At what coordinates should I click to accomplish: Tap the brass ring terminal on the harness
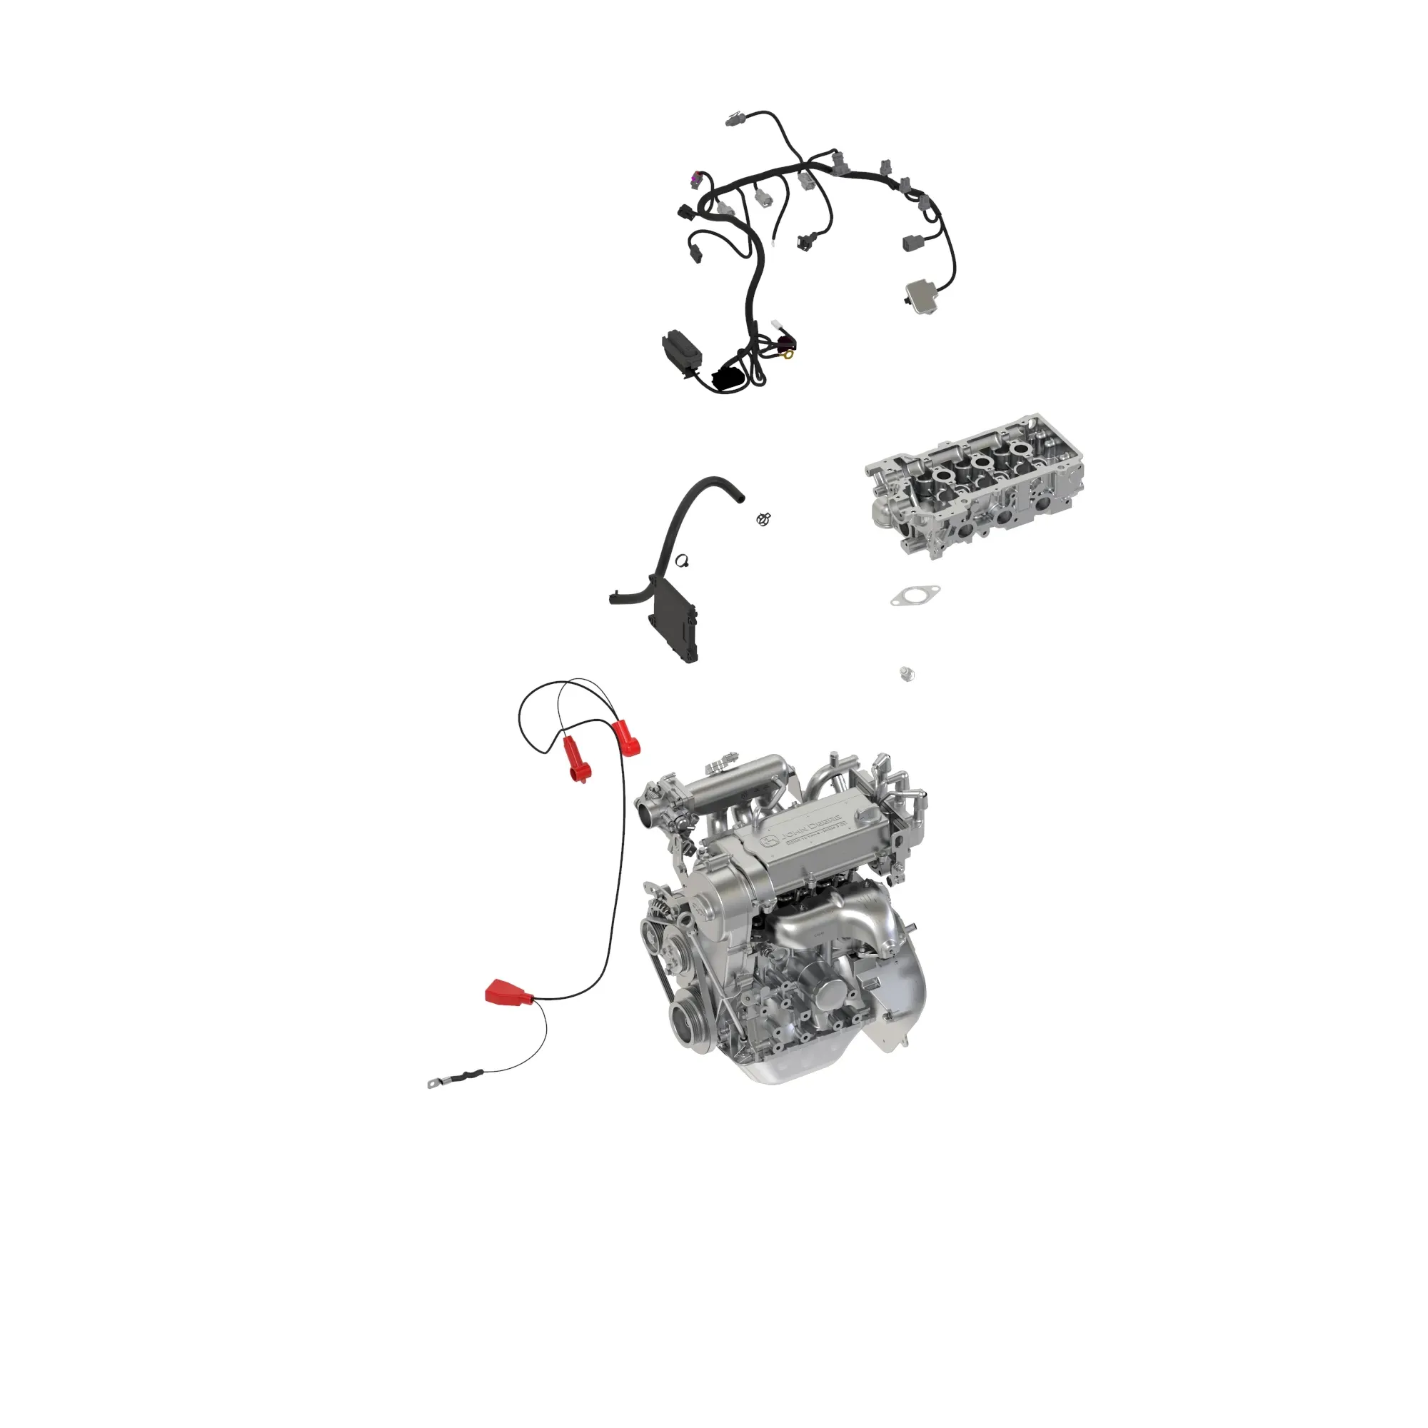coord(789,355)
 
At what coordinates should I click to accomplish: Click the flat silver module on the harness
coord(922,295)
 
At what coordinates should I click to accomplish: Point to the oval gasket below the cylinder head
coord(915,595)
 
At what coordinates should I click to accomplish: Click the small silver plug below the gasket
coord(906,673)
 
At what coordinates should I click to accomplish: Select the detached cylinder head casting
coord(974,484)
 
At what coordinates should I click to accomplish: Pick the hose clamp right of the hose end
coord(764,519)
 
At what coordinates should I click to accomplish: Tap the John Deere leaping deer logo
coord(770,840)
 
